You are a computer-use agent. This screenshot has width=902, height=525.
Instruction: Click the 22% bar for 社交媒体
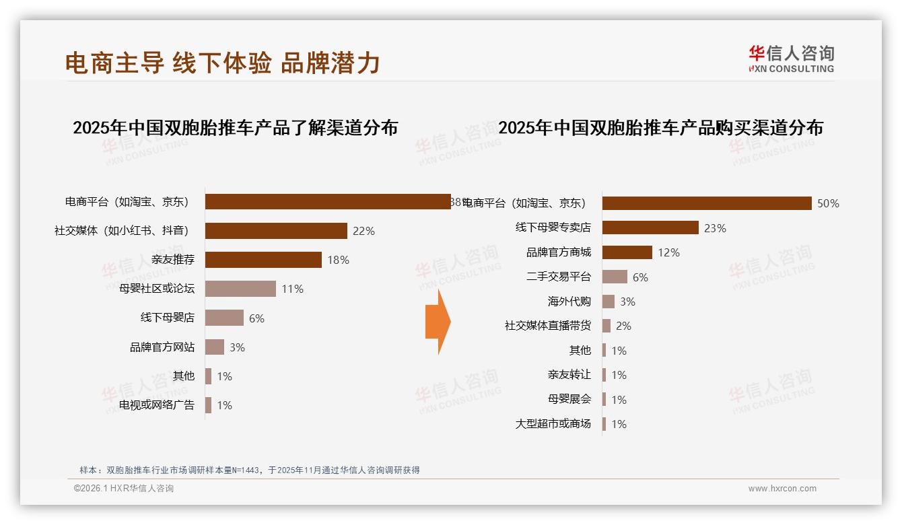pyautogui.click(x=276, y=231)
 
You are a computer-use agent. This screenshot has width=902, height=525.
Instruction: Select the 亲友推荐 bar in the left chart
pyautogui.click(x=263, y=260)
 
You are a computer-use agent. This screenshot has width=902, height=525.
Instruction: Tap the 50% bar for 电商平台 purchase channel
pyautogui.click(x=707, y=203)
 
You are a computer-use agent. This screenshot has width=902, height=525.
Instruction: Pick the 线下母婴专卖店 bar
pyautogui.click(x=650, y=228)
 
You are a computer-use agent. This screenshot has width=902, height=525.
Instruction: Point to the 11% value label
pyautogui.click(x=292, y=289)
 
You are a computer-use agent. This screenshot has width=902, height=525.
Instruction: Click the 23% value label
pyautogui.click(x=715, y=228)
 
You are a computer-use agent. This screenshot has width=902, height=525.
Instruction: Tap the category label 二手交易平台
pyautogui.click(x=559, y=277)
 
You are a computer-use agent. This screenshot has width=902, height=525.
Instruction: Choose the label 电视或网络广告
pyautogui.click(x=157, y=405)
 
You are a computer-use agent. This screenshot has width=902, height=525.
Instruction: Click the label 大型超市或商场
pyautogui.click(x=553, y=424)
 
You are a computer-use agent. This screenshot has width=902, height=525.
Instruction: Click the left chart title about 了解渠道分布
pyautogui.click(x=235, y=128)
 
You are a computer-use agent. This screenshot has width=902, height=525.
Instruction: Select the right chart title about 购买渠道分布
pyautogui.click(x=660, y=128)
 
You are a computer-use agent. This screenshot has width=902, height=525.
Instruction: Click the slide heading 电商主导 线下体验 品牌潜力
pyautogui.click(x=223, y=63)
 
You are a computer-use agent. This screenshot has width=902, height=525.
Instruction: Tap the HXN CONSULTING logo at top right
pyautogui.click(x=791, y=59)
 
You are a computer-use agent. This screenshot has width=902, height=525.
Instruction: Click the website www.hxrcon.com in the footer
pyautogui.click(x=782, y=489)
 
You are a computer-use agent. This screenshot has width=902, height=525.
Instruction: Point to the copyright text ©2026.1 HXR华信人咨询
pyautogui.click(x=124, y=489)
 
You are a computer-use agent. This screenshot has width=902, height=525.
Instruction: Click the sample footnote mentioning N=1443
pyautogui.click(x=250, y=470)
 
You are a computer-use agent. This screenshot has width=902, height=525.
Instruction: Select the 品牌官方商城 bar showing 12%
pyautogui.click(x=627, y=252)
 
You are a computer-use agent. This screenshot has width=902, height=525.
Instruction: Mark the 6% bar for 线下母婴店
pyautogui.click(x=224, y=318)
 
